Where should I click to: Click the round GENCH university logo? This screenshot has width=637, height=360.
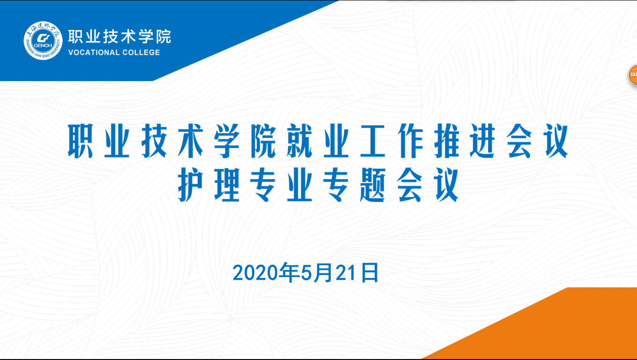coord(43,41)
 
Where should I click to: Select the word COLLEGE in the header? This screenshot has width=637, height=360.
coord(141,52)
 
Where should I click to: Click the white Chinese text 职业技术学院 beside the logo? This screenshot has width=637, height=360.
coord(119,37)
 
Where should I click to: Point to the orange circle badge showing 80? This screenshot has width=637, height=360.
coord(633,75)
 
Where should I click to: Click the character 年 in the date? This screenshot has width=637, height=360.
coord(289,273)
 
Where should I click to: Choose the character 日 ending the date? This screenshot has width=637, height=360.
coord(370,273)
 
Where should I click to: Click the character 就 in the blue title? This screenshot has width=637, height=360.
coord(300,141)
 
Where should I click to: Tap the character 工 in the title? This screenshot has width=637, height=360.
coord(372,141)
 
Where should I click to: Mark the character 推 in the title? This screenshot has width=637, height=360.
coord(447,141)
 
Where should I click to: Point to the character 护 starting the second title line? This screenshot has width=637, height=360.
coord(190,184)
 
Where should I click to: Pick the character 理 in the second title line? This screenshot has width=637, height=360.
coord(227,184)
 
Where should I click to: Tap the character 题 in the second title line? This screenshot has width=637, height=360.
coord(372,184)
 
